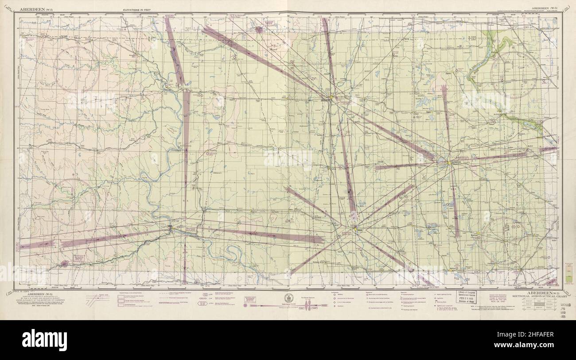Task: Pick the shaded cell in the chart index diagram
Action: pyautogui.click(x=536, y=304)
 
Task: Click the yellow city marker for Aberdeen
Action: pyautogui.click(x=331, y=97)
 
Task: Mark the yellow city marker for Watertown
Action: pyautogui.click(x=448, y=163)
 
